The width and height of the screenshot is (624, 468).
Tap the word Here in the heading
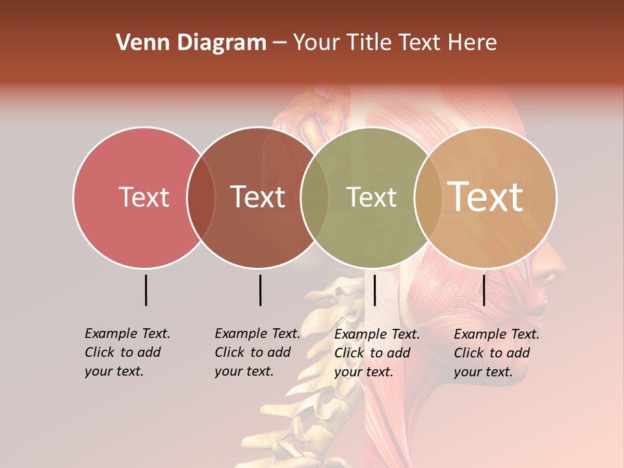click(x=473, y=43)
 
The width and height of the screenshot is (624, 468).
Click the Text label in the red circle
click(x=144, y=197)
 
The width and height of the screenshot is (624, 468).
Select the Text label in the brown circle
click(x=258, y=197)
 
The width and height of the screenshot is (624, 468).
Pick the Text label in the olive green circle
click(x=372, y=197)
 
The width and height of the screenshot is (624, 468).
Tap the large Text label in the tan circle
click(x=486, y=197)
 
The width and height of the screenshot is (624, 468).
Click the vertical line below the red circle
click(x=146, y=290)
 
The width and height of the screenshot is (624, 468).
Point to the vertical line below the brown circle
click(x=260, y=290)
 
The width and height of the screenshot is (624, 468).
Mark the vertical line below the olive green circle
click(x=374, y=290)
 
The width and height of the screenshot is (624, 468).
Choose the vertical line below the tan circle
click(x=484, y=290)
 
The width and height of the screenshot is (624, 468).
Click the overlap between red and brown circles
click(x=201, y=197)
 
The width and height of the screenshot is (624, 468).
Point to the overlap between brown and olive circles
click(x=315, y=197)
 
